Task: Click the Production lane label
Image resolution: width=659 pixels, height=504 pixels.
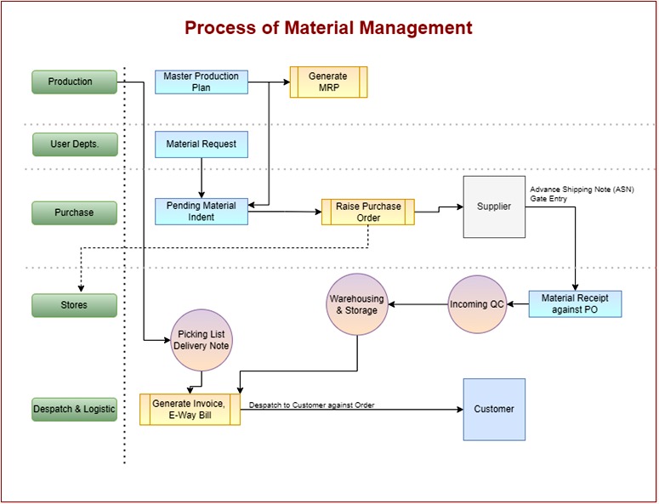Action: click(74, 82)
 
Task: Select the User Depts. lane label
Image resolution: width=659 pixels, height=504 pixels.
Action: click(74, 144)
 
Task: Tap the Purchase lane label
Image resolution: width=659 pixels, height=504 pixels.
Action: click(74, 212)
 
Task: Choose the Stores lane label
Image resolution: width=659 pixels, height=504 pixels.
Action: click(74, 305)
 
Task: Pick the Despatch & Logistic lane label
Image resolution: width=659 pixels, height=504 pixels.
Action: click(74, 409)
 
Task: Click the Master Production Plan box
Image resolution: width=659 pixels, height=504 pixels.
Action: click(202, 82)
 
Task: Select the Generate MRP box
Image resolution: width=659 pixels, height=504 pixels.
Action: click(328, 82)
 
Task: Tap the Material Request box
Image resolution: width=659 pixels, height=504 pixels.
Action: click(202, 144)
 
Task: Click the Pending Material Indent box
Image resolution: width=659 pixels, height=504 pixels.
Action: click(202, 212)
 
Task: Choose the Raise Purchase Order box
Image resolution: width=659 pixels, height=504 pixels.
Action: click(367, 212)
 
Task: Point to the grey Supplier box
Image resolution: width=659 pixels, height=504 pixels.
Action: click(494, 207)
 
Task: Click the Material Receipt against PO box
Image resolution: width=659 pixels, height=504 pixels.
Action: click(575, 304)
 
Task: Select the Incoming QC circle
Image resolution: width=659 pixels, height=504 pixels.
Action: click(477, 304)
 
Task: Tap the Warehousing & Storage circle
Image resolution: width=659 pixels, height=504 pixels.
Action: click(357, 304)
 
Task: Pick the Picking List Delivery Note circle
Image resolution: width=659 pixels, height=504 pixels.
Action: click(202, 340)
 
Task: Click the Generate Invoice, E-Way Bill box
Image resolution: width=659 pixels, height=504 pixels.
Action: click(190, 409)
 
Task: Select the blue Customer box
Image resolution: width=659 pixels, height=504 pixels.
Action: click(494, 409)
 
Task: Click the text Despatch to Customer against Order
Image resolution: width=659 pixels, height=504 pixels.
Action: click(311, 405)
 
